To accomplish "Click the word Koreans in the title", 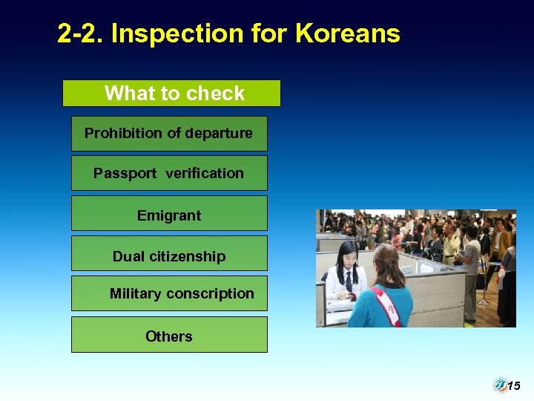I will pos(348,33).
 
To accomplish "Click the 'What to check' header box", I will pos(171,94).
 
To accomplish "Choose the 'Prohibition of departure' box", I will pos(169,134).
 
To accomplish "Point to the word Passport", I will pos(125,174).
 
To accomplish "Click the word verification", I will pos(205,174).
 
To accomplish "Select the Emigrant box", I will pos(169,216).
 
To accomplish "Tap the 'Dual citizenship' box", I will pos(169,256).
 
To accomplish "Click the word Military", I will pos(135,294).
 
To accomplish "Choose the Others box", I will pos(169,336).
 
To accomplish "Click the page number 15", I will pos(514,385).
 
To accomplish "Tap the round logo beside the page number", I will pos(500,385).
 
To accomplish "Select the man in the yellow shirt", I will pos(451,245).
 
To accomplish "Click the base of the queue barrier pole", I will pos(484,302).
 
